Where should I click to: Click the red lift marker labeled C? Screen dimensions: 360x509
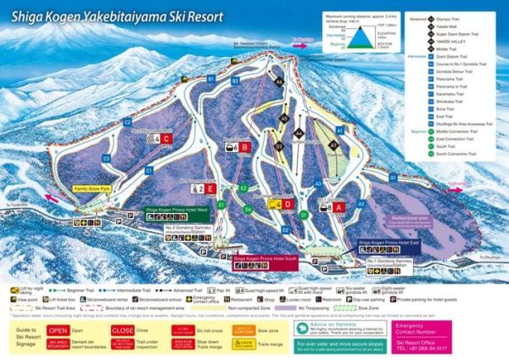coord(167,138)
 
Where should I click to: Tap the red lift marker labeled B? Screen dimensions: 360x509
coord(245,147)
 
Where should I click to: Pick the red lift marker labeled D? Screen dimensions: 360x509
coord(288,204)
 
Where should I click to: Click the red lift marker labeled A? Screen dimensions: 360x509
coord(338,206)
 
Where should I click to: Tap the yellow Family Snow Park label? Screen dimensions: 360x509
coord(92,191)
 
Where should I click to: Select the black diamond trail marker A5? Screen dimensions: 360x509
coord(277,82)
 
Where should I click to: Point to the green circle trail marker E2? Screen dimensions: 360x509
coord(243,188)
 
